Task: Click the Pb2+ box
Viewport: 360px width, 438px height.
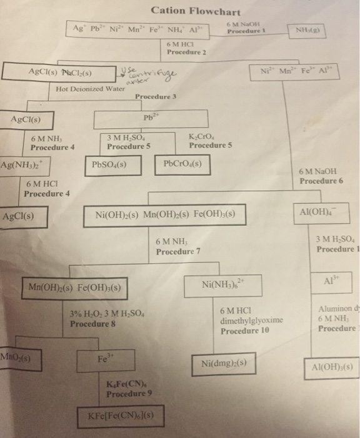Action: [x=150, y=118]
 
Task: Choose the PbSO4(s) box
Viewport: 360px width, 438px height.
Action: [x=109, y=166]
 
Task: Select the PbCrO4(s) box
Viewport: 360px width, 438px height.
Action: [x=182, y=165]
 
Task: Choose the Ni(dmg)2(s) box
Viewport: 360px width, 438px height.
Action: [x=225, y=364]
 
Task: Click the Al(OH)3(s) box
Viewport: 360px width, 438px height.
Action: [x=331, y=367]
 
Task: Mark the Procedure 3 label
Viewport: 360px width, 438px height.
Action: [x=156, y=97]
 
